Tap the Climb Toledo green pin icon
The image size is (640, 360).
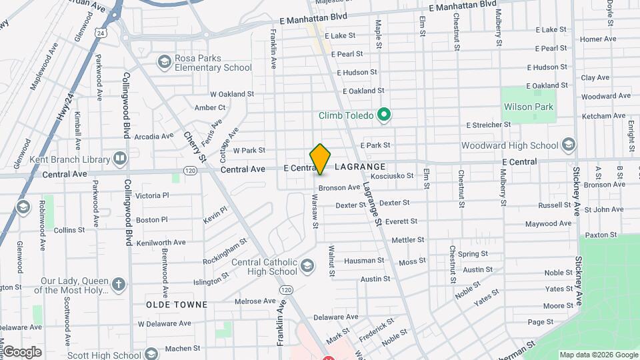point(383,115)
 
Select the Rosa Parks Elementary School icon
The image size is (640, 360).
point(164,63)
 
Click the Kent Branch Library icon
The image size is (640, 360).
point(120,159)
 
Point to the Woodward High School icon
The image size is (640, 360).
point(568,145)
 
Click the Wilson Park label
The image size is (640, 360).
point(529,107)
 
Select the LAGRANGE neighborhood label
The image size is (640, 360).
point(360,167)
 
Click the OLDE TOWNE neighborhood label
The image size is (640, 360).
point(177,304)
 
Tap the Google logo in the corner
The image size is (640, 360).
point(22,352)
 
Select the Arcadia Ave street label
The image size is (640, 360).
point(154,137)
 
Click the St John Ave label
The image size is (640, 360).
point(604,209)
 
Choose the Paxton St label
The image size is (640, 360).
point(600,235)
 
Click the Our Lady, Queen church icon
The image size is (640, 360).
point(118,285)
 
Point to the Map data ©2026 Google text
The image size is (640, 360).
point(599,355)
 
